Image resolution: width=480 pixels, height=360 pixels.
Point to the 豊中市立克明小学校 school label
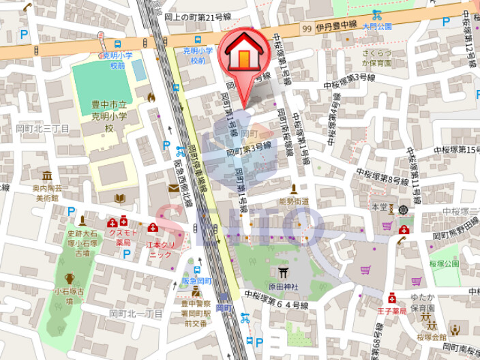pos(110,116)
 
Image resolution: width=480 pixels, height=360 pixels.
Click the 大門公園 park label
pos(377,27)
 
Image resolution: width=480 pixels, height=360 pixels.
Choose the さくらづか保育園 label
pos(377,57)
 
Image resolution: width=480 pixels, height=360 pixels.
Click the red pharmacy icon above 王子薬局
pos(392,298)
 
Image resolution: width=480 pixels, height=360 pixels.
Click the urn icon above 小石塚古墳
pos(70,278)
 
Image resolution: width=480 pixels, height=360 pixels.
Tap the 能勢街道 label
pos(294,202)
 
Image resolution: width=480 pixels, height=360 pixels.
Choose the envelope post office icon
pos(174,188)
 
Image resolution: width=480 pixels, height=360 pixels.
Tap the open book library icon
pos(120,198)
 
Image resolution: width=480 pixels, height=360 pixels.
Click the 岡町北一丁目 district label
pos(136,313)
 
